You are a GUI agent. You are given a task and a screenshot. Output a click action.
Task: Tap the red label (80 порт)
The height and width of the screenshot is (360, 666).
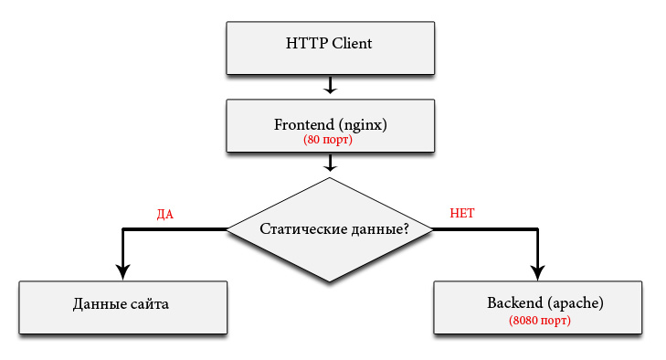click(328, 141)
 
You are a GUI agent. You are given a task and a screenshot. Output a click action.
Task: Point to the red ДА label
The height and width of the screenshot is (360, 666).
click(165, 215)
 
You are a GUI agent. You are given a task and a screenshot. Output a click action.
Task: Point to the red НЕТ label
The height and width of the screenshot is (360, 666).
click(462, 214)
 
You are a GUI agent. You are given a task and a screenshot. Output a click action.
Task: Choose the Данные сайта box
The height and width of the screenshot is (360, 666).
click(122, 306)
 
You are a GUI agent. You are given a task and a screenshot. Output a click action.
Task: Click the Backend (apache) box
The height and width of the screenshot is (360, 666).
click(539, 308)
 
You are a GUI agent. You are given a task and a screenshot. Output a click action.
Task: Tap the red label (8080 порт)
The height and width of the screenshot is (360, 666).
click(539, 321)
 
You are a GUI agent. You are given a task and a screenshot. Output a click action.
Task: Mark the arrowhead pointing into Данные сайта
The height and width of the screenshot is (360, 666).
click(122, 270)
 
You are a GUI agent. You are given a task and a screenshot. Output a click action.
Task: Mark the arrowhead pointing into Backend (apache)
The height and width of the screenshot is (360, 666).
click(538, 270)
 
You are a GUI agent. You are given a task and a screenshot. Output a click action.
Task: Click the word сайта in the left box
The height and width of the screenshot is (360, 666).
click(149, 303)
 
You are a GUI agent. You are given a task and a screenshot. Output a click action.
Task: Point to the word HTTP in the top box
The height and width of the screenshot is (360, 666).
click(305, 43)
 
